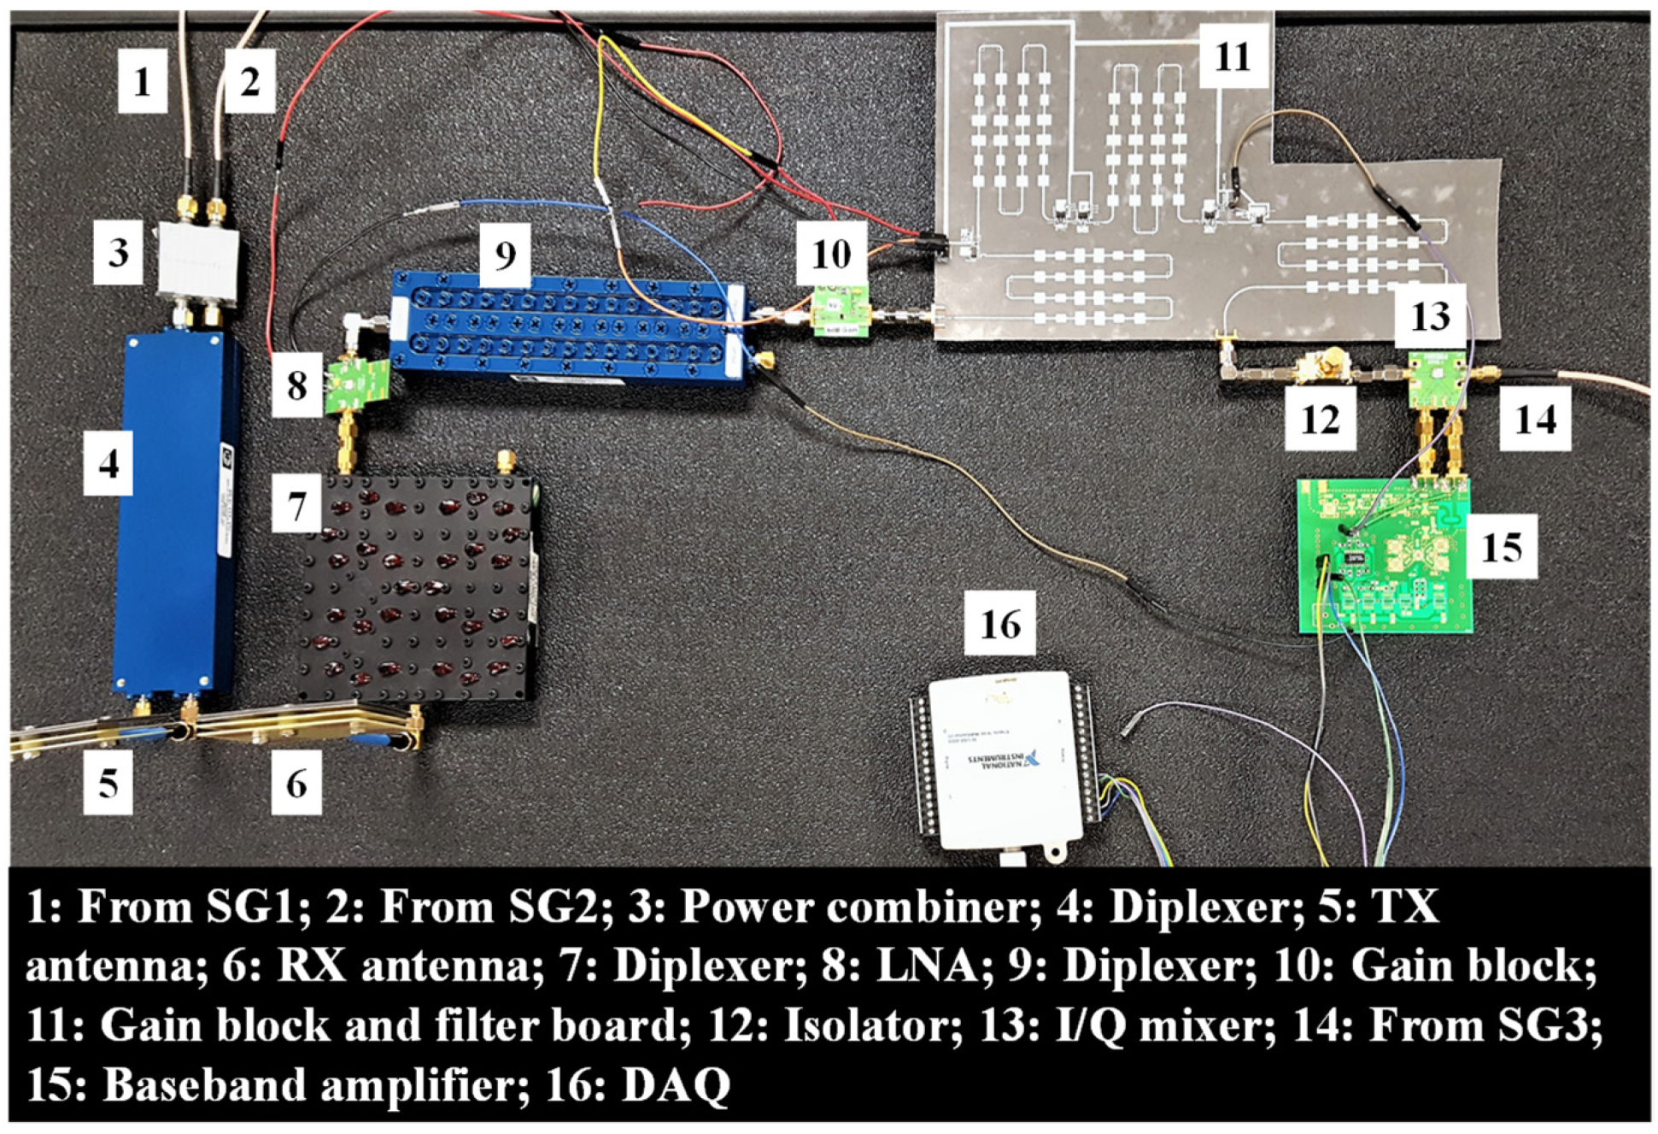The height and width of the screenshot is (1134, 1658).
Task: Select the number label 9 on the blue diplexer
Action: pyautogui.click(x=505, y=254)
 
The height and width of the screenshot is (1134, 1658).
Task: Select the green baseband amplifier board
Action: pyautogui.click(x=1384, y=555)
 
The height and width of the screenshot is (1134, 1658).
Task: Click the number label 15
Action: pyautogui.click(x=1501, y=547)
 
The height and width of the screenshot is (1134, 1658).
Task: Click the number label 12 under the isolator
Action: pyautogui.click(x=1320, y=419)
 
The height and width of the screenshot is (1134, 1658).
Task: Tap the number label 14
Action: pyautogui.click(x=1535, y=419)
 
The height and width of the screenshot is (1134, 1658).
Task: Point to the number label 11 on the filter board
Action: pyautogui.click(x=1232, y=56)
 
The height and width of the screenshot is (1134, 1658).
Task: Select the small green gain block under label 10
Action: pyautogui.click(x=839, y=311)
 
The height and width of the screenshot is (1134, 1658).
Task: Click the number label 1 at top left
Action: pyautogui.click(x=142, y=81)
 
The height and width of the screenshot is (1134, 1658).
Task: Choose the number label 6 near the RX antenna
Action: pyautogui.click(x=296, y=782)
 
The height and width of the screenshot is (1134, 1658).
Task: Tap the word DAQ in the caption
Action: pyautogui.click(x=675, y=1085)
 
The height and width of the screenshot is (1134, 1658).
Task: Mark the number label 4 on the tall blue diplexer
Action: pyautogui.click(x=108, y=463)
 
